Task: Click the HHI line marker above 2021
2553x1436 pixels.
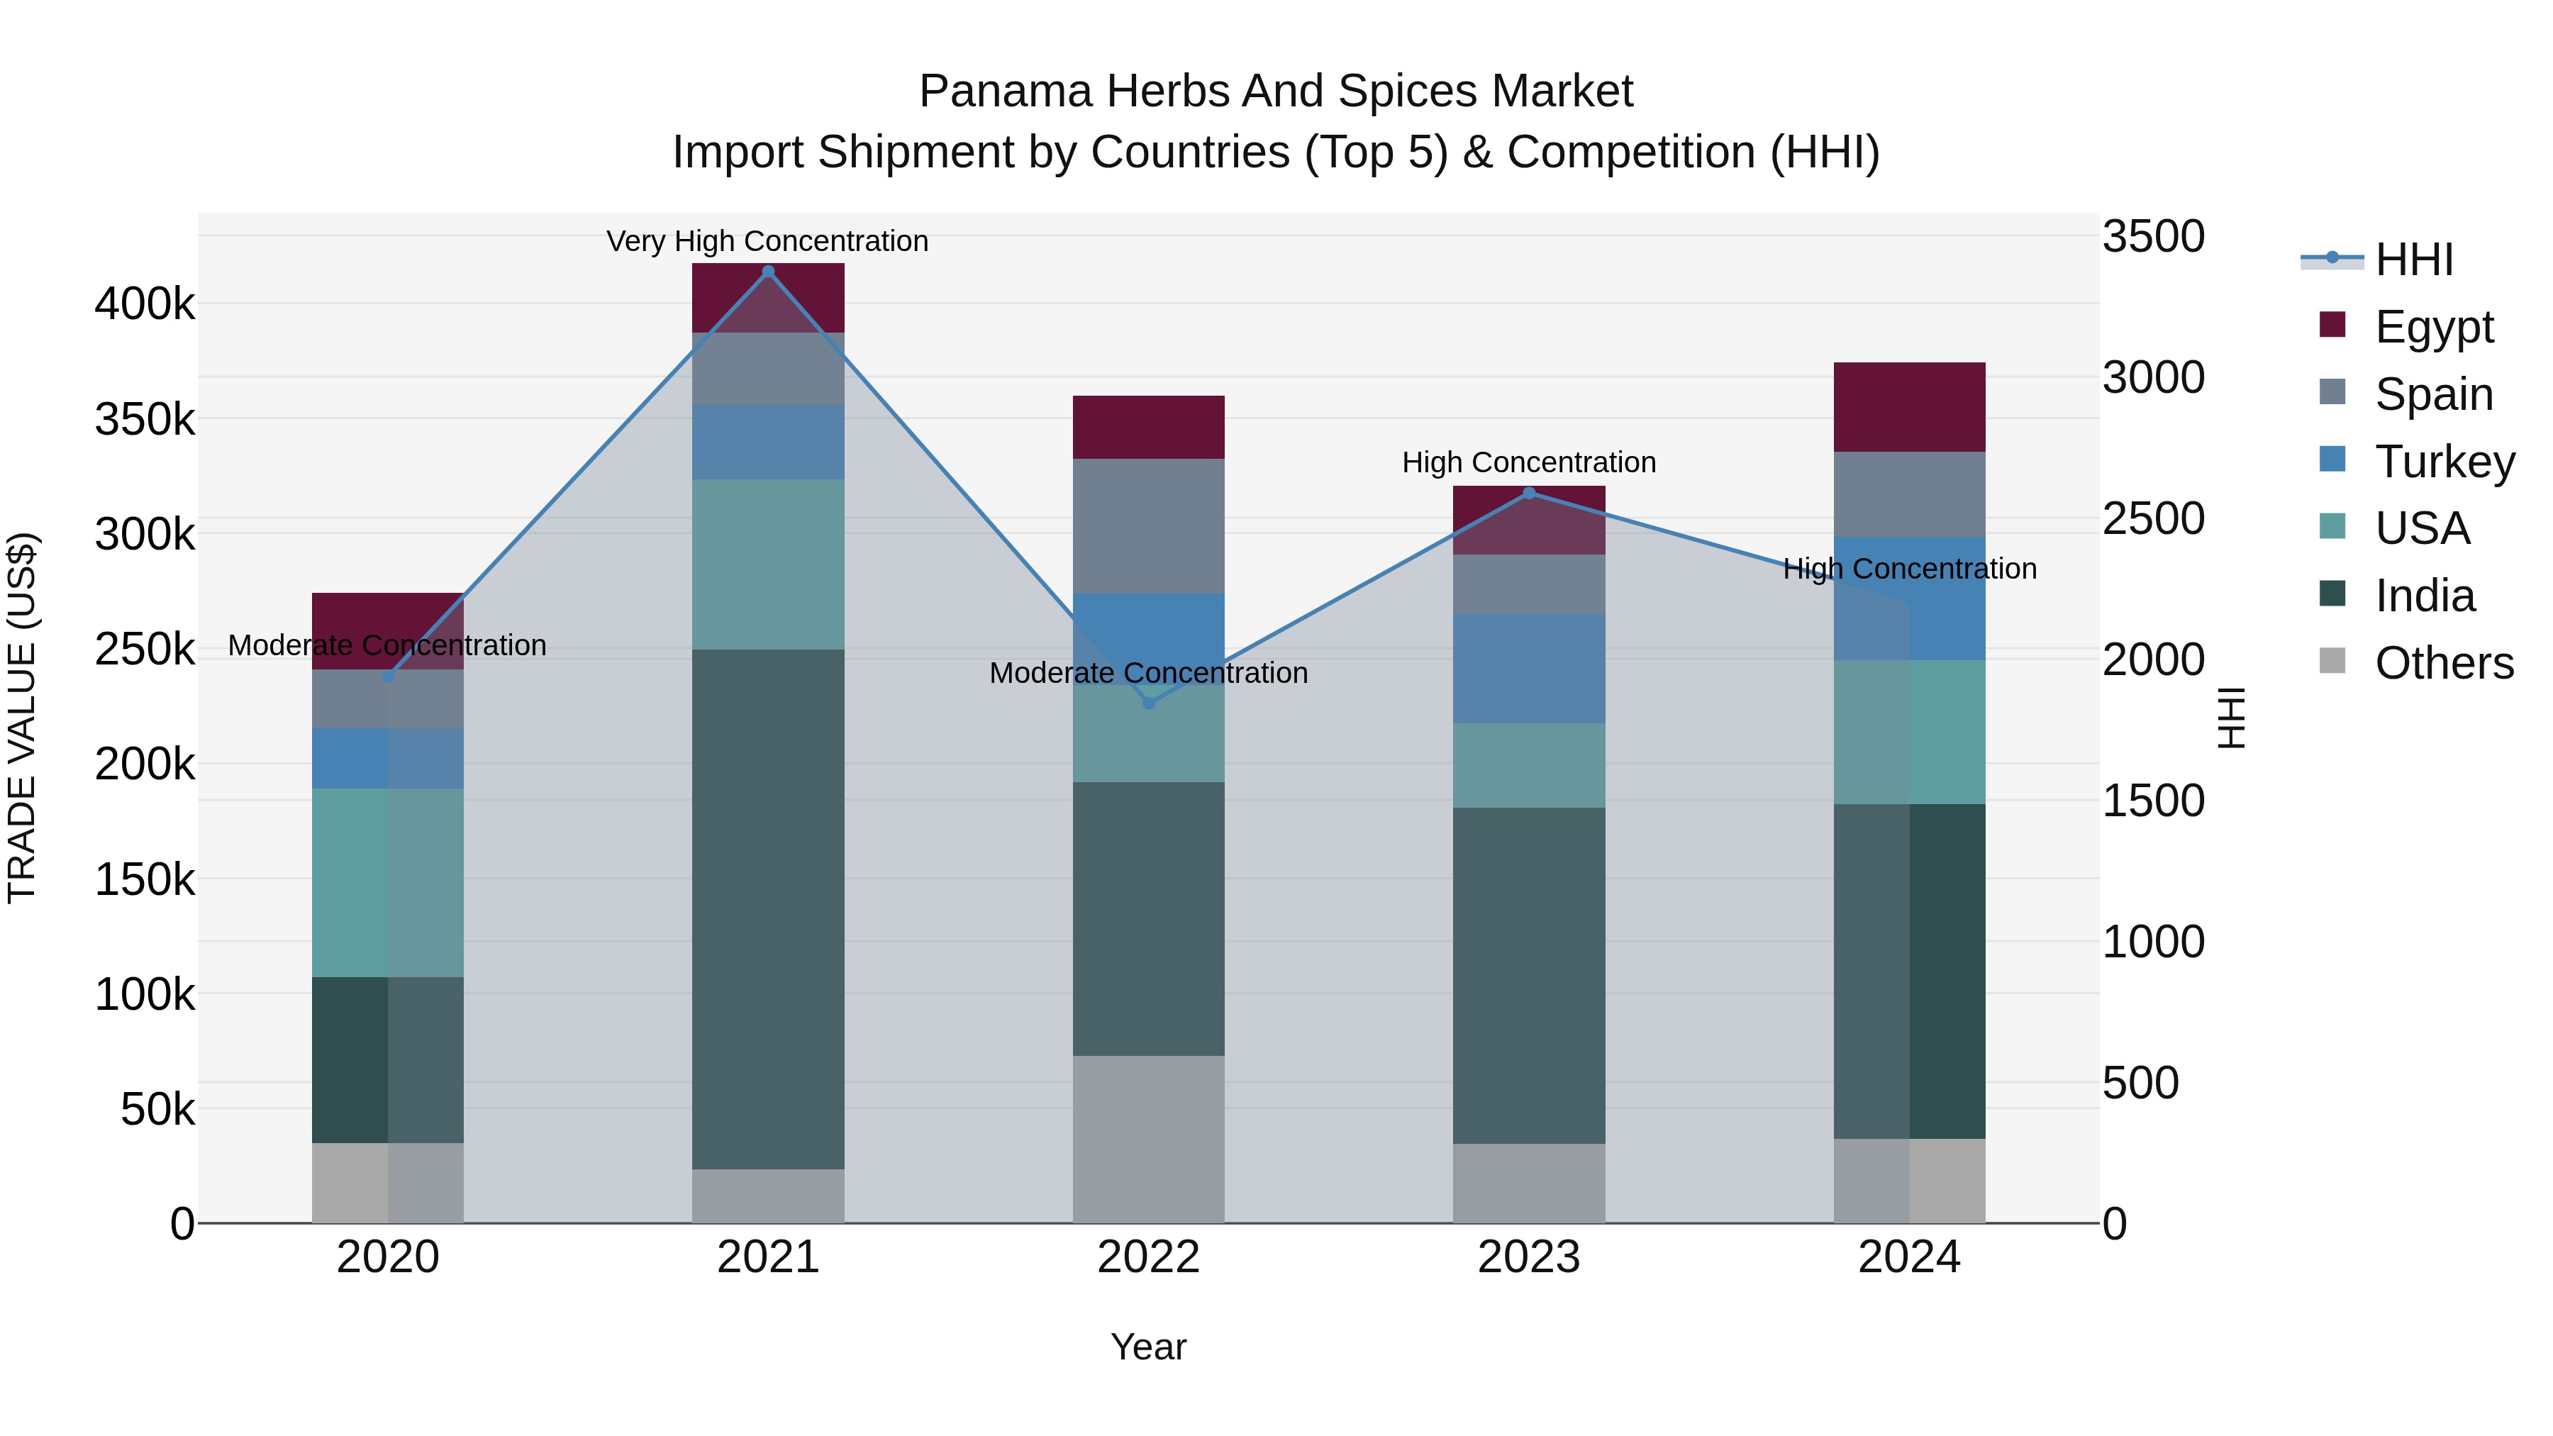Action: click(768, 272)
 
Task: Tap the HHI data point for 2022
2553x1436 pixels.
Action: click(1149, 703)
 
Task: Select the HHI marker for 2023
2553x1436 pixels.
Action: click(1529, 494)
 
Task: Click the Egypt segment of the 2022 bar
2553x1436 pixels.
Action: click(1149, 427)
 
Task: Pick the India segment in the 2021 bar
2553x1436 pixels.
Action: click(768, 909)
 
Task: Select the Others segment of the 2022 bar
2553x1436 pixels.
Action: click(1149, 1139)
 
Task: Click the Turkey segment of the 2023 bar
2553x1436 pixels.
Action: click(1529, 668)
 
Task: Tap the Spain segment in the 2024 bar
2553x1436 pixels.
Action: click(1909, 494)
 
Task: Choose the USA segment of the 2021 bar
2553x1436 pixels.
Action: click(768, 565)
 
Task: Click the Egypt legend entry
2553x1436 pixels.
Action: click(2433, 327)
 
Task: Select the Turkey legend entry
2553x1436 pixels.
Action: click(2444, 462)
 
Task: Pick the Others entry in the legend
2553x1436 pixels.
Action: click(2444, 663)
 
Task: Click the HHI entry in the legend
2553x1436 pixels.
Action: click(2413, 260)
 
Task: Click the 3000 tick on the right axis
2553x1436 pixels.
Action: click(2152, 377)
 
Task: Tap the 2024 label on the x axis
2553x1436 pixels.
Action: click(1909, 1257)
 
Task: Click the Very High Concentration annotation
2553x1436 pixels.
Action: click(768, 241)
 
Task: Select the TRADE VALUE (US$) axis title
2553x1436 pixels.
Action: click(22, 718)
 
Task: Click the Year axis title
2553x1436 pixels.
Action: click(1149, 1347)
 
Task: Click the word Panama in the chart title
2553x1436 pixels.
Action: click(1005, 91)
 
